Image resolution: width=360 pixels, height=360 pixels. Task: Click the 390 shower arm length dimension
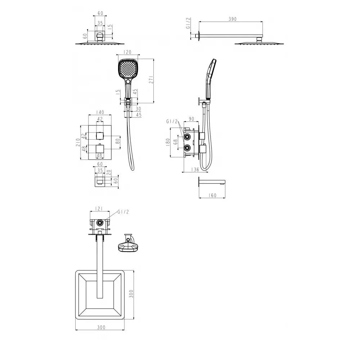(232, 19)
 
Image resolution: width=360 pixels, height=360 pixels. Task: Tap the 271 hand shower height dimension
(151, 79)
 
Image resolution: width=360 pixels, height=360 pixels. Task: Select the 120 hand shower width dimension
(127, 52)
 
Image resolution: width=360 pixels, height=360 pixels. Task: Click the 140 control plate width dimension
(100, 112)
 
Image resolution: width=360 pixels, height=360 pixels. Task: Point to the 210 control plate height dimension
(78, 142)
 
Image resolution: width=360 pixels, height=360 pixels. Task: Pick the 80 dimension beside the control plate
(118, 141)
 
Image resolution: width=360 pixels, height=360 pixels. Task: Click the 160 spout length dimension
(213, 195)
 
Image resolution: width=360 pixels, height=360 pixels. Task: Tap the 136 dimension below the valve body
(195, 170)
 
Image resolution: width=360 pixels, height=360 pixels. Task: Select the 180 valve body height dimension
(168, 142)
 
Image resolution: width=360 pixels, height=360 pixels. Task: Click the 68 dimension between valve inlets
(175, 142)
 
